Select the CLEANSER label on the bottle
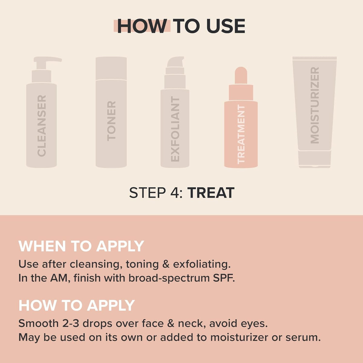pyautogui.click(x=42, y=126)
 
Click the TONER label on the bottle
pyautogui.click(x=111, y=121)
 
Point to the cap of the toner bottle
pyautogui.click(x=111, y=68)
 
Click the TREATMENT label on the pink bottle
pyautogui.click(x=241, y=134)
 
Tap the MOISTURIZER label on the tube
pyautogui.click(x=315, y=105)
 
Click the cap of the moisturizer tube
pyautogui.click(x=315, y=159)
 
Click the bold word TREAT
pyautogui.click(x=211, y=193)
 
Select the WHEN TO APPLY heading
pyautogui.click(x=81, y=246)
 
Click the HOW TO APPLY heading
pyautogui.click(x=77, y=306)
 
